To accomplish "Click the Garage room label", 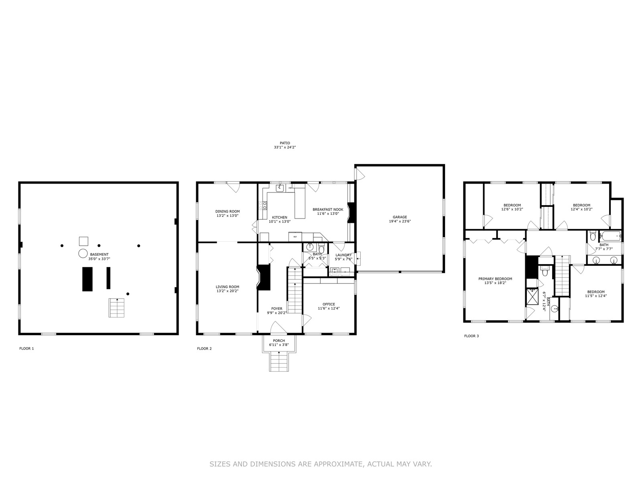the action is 400,217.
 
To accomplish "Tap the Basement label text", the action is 99,255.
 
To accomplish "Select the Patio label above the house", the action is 284,143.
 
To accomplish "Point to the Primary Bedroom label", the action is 495,279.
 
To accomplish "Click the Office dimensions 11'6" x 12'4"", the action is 329,308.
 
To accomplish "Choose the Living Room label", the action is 227,287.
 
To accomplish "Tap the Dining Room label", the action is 227,212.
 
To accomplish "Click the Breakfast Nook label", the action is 328,209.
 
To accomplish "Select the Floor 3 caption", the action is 471,336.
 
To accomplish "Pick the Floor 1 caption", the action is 26,348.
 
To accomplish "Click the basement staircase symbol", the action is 116,308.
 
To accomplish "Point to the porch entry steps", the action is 279,361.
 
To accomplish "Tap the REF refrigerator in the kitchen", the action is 295,237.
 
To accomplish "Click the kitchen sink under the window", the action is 280,188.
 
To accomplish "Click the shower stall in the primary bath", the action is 532,297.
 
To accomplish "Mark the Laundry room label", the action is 343,255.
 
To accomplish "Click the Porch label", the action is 279,341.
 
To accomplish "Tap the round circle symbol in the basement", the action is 83,253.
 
